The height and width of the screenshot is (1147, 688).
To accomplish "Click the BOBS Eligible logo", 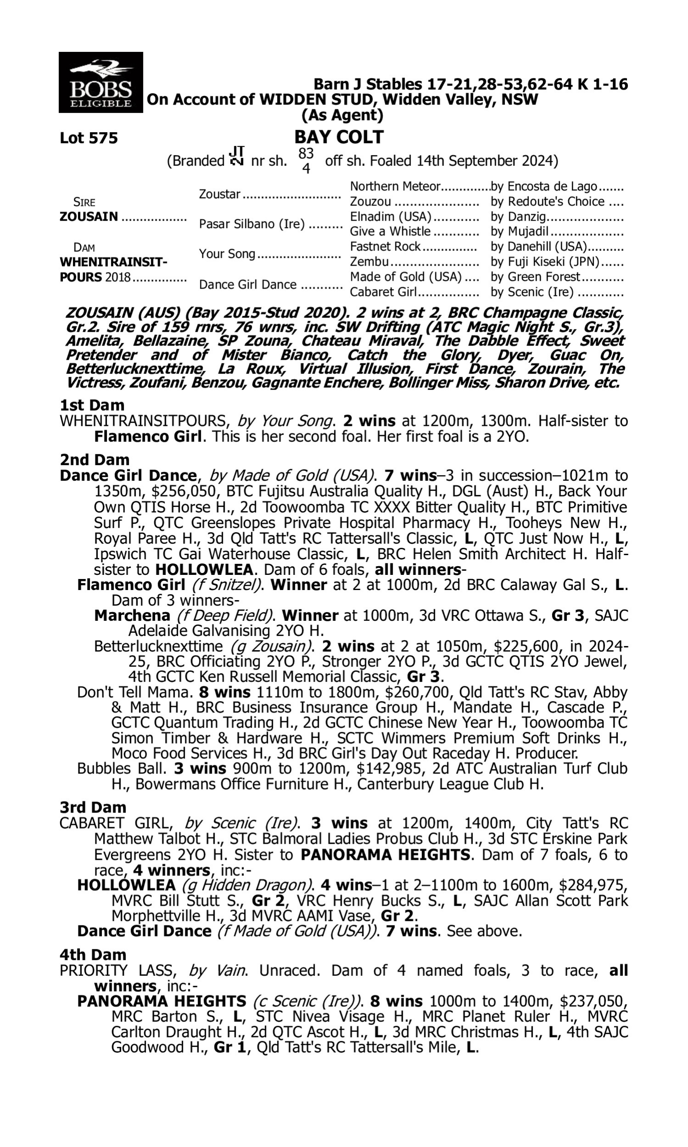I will pos(100,82).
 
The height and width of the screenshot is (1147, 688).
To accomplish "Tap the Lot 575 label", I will pos(89,138).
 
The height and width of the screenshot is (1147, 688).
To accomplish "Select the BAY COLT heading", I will pos(339,137).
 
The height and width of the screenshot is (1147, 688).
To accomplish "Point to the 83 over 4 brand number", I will pos(306,161).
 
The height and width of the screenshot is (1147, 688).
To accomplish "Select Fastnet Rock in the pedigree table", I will pos(385,246).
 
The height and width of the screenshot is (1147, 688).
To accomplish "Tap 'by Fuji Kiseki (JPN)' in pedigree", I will pos(545,262).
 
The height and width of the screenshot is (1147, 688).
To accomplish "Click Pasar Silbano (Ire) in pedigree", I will pos(252,224).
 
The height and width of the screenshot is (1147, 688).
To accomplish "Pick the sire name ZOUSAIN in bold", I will pos(89,217).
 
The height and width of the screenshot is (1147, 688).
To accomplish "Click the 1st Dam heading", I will pos(92,405).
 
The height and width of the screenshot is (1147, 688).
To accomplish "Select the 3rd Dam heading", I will pos(93,807).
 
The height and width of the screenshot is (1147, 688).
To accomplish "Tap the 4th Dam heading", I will pos(93,955).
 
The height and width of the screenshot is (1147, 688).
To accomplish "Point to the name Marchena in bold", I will pos(132,615).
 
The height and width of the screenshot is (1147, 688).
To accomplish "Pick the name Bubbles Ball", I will pos(121,768).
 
